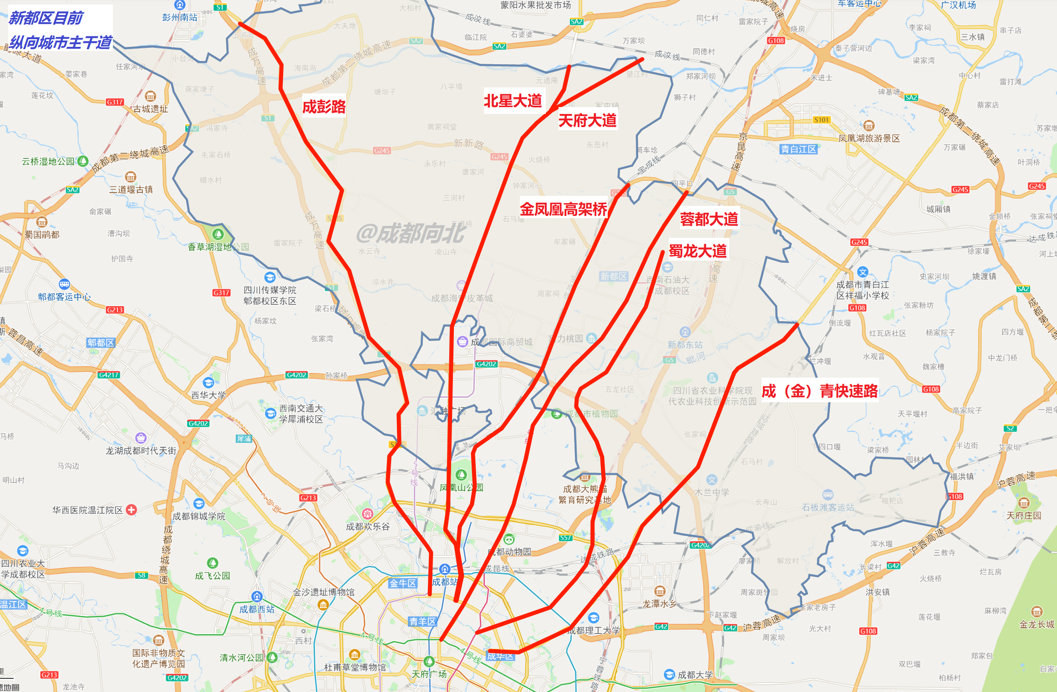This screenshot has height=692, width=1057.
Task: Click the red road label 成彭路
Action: point(324,107)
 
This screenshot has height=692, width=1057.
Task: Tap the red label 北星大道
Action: point(513,101)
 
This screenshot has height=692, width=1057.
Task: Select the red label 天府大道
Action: point(587,121)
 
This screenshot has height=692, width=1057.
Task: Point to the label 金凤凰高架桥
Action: point(563,209)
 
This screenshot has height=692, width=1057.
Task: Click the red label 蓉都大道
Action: point(709,219)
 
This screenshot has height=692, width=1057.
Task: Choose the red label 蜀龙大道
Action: point(697,251)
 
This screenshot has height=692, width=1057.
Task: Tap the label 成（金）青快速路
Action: point(819,391)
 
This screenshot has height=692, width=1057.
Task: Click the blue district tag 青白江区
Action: point(798,149)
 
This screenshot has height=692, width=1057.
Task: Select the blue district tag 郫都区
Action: point(101,343)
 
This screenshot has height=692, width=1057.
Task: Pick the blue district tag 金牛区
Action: point(402,583)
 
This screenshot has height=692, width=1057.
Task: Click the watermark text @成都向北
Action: point(410,233)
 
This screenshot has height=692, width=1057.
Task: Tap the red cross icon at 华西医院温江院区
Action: point(131,510)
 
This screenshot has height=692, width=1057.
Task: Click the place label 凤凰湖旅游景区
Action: point(869,138)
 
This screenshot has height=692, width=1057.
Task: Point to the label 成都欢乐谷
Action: point(368,527)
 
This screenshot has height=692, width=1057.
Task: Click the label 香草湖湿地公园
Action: point(218,247)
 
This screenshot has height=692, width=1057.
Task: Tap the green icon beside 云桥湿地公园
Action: point(82,161)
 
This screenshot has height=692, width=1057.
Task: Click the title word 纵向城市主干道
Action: point(61,42)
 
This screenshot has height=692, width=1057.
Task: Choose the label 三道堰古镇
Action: point(131,190)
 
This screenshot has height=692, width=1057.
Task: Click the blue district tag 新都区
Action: point(613,277)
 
